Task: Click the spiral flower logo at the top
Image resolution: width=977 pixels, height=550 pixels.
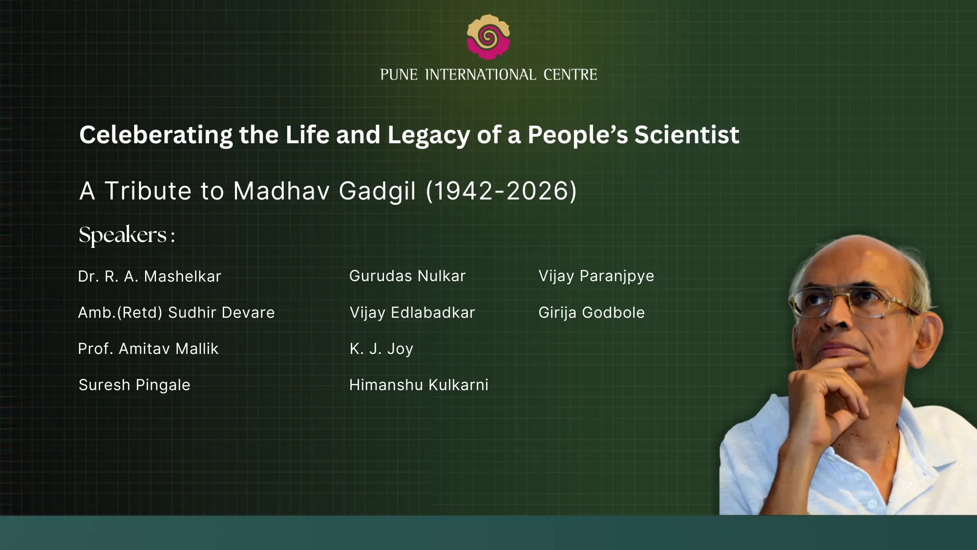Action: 488,37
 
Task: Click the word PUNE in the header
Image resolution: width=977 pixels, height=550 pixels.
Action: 399,75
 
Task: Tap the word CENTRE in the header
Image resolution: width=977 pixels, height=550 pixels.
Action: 570,75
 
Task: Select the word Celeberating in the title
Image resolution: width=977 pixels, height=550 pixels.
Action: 156,135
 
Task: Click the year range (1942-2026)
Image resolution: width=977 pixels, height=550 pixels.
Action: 501,191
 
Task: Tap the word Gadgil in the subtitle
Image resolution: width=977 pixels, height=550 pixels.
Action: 377,191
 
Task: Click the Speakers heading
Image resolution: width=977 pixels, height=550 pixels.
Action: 127,235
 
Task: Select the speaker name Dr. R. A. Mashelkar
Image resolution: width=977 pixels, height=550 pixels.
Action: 149,276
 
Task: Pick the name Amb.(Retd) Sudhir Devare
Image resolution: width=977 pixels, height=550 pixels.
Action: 176,312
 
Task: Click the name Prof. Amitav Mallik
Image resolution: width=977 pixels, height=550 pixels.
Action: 148,349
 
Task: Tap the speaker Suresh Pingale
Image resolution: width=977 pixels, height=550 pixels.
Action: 134,385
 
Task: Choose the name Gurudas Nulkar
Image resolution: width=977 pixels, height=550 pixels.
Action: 407,276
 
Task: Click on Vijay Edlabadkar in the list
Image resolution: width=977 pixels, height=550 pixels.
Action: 412,313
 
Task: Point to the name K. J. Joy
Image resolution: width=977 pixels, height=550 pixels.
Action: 382,349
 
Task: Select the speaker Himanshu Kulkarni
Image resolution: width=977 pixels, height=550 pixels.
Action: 419,385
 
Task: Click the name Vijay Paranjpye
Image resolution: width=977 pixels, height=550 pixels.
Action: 596,276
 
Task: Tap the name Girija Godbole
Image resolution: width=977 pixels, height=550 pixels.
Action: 592,313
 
